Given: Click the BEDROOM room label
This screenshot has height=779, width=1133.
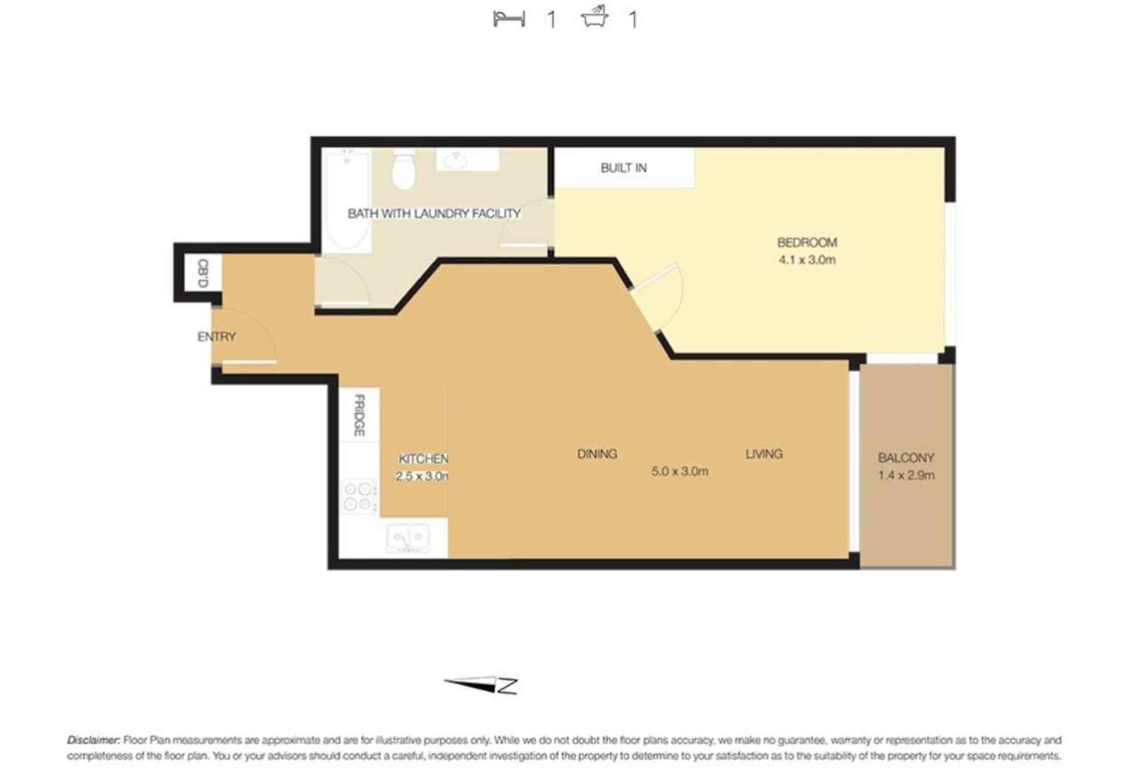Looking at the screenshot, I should tap(807, 242).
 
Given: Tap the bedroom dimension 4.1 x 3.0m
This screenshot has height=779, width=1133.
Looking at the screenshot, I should tap(807, 260).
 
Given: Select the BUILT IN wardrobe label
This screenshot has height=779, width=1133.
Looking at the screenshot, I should tap(623, 168).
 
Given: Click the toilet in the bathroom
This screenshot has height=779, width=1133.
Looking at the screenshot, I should tap(403, 170).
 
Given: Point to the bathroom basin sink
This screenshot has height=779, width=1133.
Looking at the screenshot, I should tap(456, 160).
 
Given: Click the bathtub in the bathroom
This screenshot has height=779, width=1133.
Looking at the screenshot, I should tap(346, 200).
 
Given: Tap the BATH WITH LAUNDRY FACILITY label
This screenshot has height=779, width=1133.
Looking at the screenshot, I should tap(434, 214).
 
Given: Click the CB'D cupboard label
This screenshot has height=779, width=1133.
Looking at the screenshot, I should tap(202, 273).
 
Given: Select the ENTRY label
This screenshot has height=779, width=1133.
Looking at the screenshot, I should tap(216, 337).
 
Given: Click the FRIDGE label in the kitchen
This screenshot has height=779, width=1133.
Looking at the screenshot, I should tap(359, 415).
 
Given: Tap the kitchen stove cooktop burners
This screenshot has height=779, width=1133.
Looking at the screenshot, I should tap(358, 497).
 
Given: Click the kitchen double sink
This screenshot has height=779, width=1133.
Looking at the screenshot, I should tap(408, 537).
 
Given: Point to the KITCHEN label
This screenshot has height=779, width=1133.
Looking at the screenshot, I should tap(422, 458).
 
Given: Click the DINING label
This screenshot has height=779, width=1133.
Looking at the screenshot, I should tap(597, 454).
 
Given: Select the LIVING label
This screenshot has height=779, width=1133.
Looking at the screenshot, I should tap(764, 454).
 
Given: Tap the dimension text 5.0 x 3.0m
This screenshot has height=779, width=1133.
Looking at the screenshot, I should tap(680, 472).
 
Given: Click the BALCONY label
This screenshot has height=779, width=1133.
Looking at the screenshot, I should tap(906, 457).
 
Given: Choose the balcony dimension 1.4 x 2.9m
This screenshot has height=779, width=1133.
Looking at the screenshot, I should tap(906, 475).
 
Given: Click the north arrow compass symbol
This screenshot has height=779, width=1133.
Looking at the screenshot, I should tap(482, 685).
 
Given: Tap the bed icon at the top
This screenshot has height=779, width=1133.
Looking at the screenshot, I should tap(509, 18).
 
